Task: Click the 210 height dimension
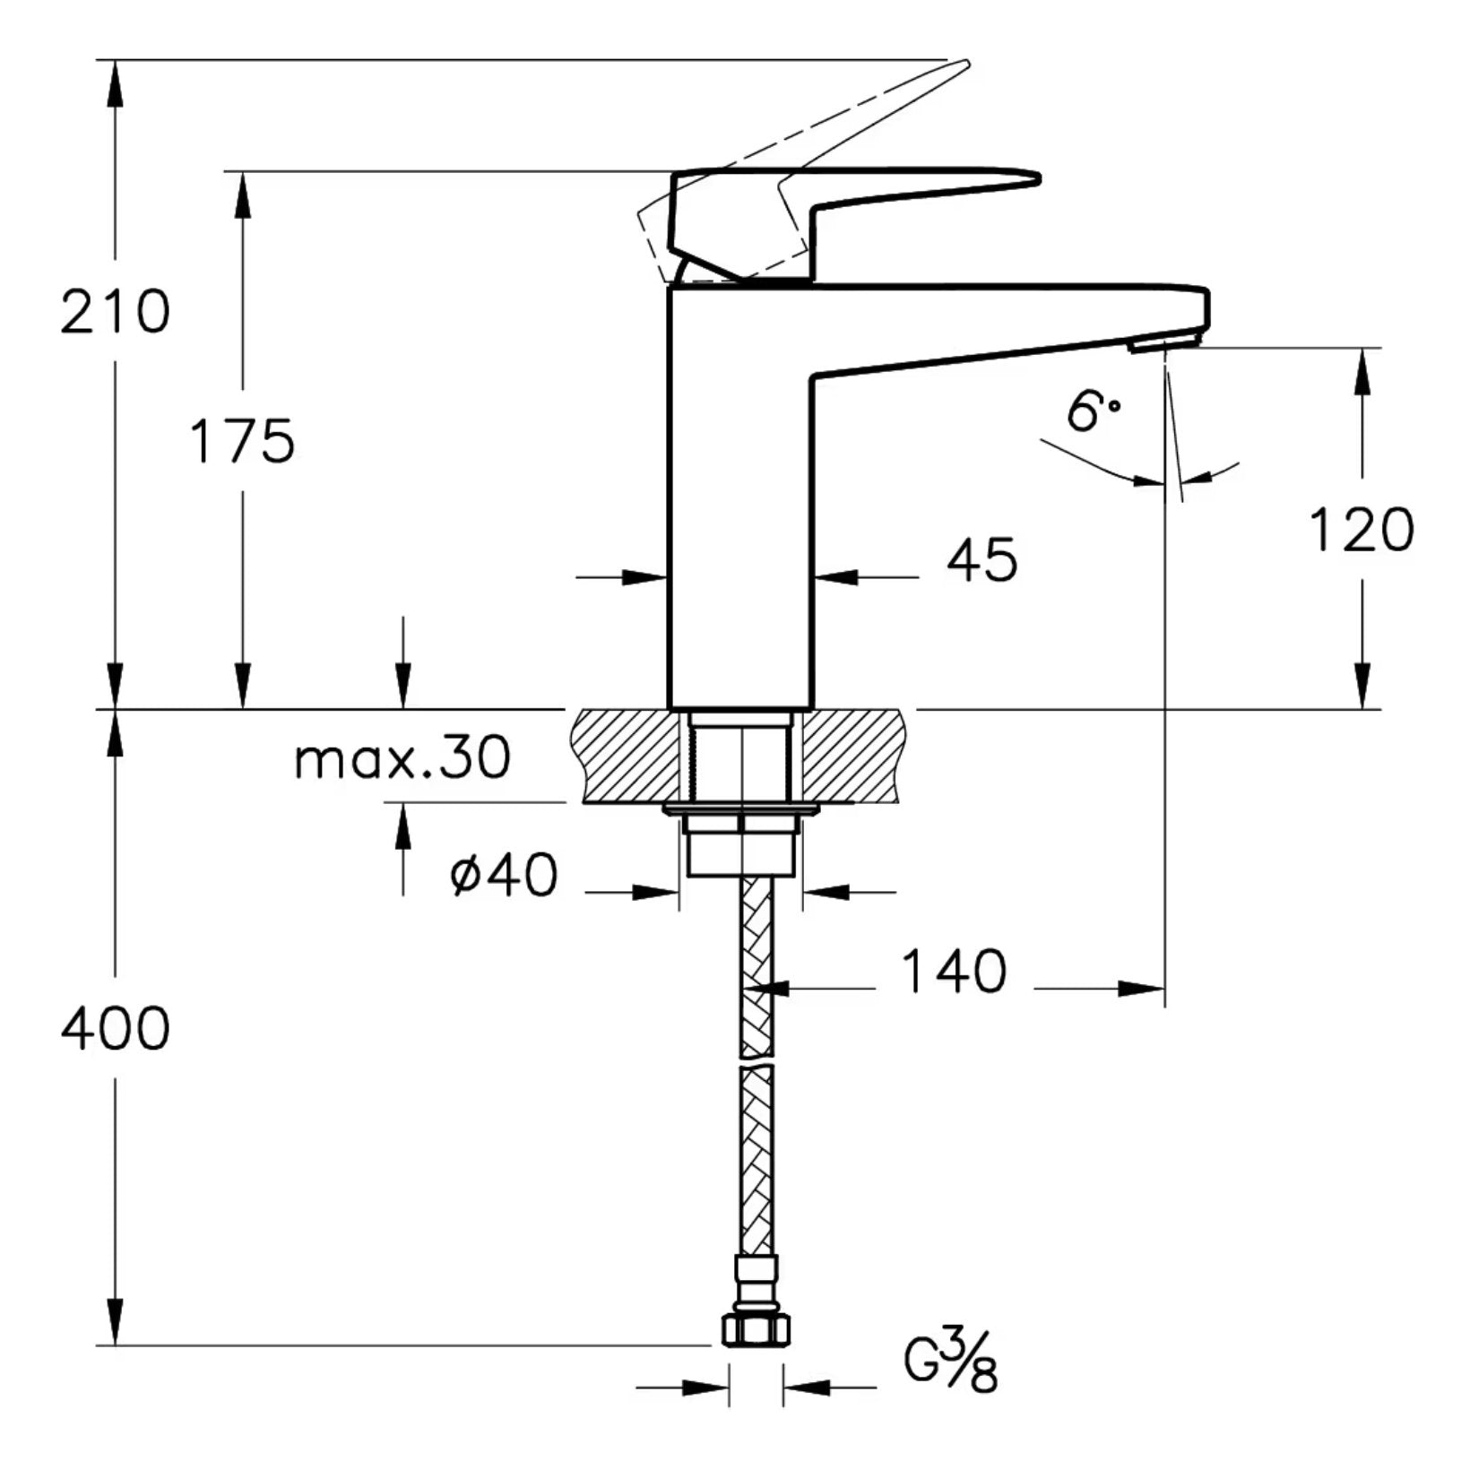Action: [115, 311]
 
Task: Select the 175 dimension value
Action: [242, 440]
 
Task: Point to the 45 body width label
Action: [982, 561]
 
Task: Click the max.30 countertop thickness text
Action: [402, 758]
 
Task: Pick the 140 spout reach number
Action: [953, 972]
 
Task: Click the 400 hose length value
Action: [115, 1028]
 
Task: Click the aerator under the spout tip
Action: [1163, 342]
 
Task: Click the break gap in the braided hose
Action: [756, 1060]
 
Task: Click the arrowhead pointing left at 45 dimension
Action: [834, 578]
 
